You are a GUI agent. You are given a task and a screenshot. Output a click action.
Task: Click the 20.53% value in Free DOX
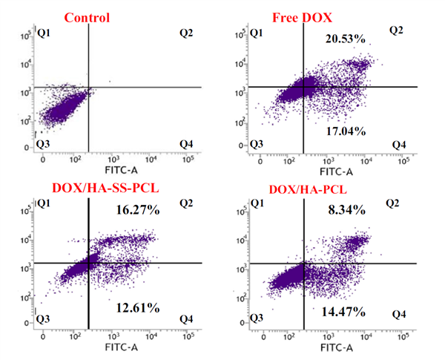click(x=346, y=38)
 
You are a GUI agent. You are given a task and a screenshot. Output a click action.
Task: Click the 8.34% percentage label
click(x=346, y=210)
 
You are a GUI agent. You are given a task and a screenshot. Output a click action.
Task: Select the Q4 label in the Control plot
click(x=188, y=143)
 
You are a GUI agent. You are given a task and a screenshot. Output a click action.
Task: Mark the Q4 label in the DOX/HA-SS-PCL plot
click(x=188, y=318)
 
